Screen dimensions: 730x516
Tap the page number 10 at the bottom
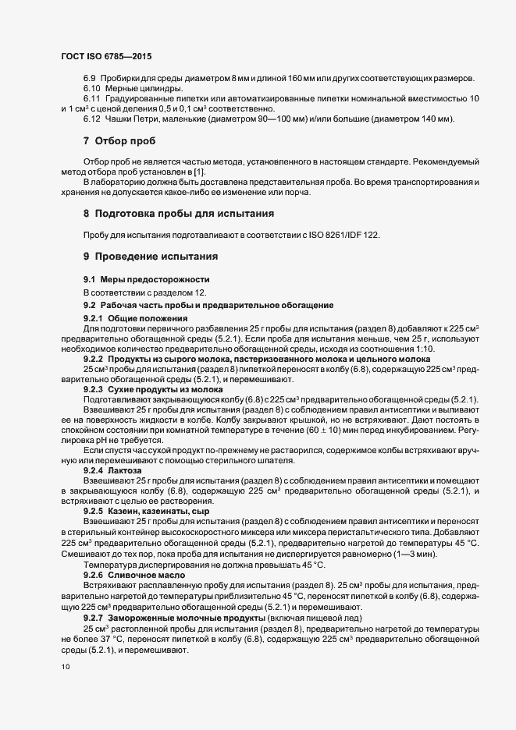pos(65,667)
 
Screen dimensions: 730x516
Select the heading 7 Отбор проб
pos(119,141)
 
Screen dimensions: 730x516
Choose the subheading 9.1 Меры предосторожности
pos(144,279)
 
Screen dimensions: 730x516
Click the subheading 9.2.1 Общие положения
pos(136,318)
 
